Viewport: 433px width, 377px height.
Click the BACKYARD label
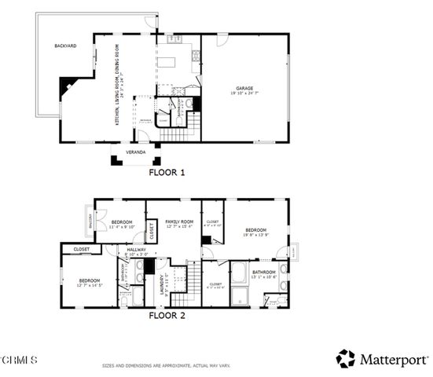click(x=65, y=46)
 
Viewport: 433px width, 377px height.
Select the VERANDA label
click(x=136, y=152)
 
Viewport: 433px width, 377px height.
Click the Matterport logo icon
click(x=345, y=359)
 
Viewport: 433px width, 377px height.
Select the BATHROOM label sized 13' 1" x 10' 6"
click(x=263, y=273)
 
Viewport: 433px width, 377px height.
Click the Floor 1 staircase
click(x=178, y=136)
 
